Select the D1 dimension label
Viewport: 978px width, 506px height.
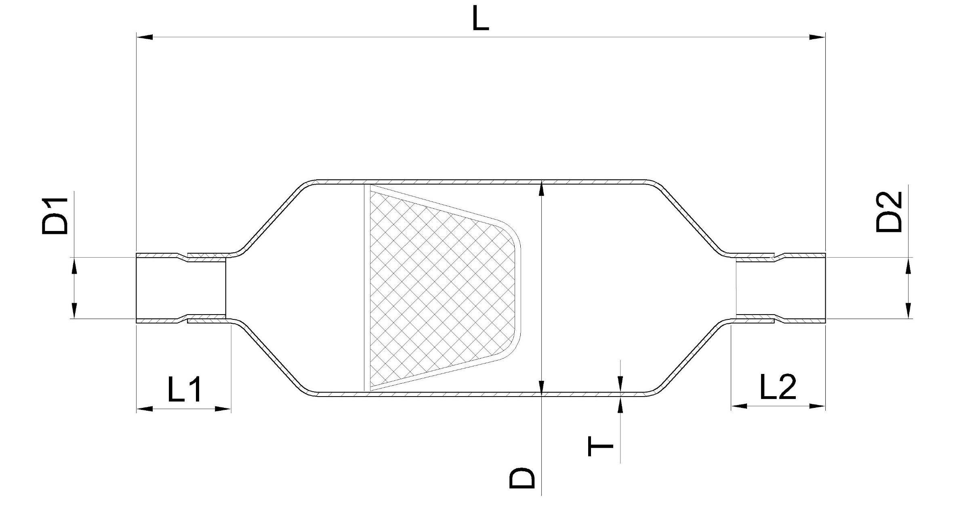pos(55,216)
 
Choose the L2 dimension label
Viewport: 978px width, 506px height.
pos(778,386)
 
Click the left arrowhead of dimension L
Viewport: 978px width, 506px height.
pos(145,37)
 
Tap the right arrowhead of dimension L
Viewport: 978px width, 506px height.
pos(817,37)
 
